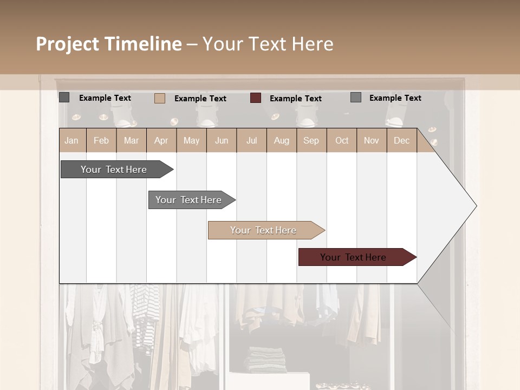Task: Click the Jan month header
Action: pos(71,140)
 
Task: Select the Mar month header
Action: pos(131,140)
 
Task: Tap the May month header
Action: pos(191,140)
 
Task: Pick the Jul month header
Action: pos(251,140)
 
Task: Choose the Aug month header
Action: pos(281,140)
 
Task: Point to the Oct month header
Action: pos(342,140)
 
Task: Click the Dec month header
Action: pos(401,140)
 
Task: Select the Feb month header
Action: pos(101,140)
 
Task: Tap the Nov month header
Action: pos(372,140)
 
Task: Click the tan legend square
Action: pos(160,98)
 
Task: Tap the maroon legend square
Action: pos(256,98)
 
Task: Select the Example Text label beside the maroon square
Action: pos(295,99)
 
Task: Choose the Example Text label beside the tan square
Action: pos(200,99)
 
